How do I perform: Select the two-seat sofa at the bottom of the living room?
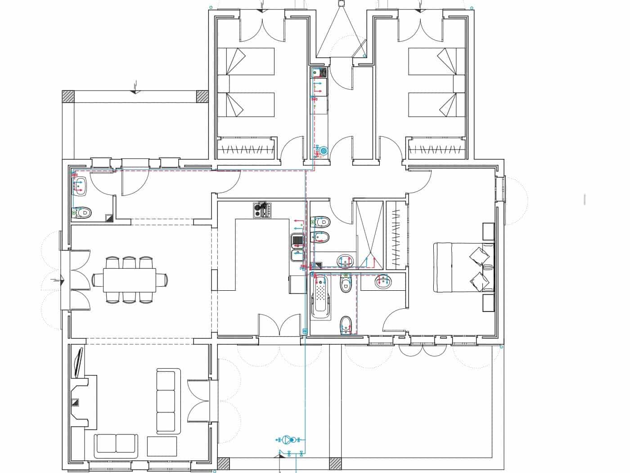116,444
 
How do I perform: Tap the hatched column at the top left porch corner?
68,97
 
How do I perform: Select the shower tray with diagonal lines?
369,234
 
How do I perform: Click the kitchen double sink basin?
297,247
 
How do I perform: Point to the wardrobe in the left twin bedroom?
246,148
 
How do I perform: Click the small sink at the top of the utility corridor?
316,72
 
